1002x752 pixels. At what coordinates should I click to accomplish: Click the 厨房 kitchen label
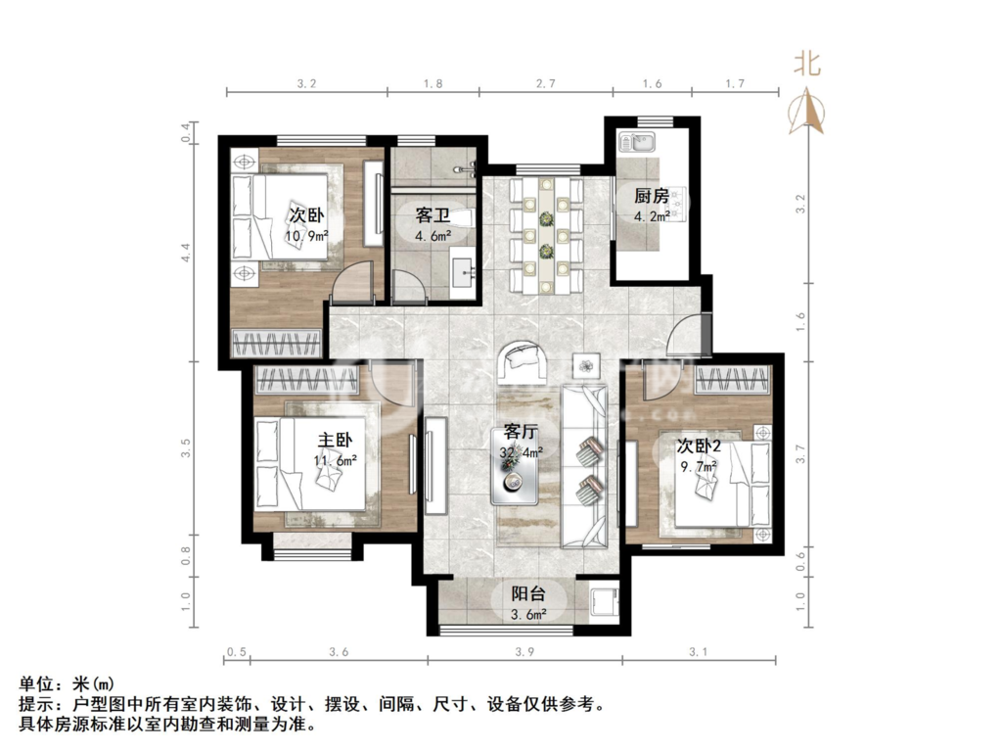(651, 195)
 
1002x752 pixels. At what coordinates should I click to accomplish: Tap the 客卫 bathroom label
(433, 214)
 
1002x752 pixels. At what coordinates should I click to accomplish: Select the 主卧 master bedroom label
(335, 440)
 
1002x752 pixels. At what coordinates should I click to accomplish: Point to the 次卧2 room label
(699, 446)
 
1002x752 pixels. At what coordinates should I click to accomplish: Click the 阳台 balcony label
(528, 594)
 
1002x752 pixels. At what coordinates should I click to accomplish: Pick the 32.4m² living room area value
(522, 452)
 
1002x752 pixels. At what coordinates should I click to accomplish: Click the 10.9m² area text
(306, 236)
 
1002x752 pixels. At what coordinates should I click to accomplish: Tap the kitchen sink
(636, 142)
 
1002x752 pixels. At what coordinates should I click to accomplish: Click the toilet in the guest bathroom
(465, 218)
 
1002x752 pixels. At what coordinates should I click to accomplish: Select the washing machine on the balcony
(603, 602)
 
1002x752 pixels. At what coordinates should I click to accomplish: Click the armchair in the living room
(523, 361)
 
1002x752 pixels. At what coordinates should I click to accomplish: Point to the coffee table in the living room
(515, 466)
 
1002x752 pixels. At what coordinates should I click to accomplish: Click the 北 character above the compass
(807, 64)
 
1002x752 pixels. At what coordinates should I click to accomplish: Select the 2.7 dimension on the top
(545, 83)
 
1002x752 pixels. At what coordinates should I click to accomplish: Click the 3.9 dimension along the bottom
(524, 651)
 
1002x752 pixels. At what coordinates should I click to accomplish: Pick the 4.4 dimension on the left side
(185, 254)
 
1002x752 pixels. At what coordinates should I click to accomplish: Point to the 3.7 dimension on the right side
(800, 453)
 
